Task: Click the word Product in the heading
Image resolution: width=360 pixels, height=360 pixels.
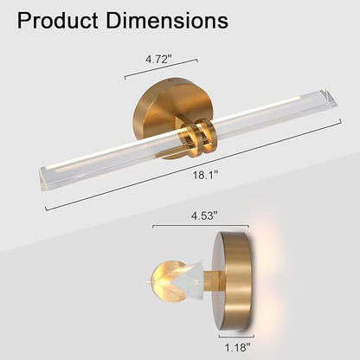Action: tap(57, 21)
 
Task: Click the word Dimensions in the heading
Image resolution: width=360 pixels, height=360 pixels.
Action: tap(167, 21)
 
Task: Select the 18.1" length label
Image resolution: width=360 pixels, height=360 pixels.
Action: tap(205, 175)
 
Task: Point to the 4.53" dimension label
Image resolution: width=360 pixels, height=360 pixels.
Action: tap(204, 215)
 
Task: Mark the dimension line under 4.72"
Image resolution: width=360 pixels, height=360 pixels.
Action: tap(161, 68)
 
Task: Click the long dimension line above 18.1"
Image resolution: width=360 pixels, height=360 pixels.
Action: tap(193, 165)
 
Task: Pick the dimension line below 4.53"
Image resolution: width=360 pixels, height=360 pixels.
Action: tap(201, 226)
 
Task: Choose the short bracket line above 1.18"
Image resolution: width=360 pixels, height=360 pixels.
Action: tap(236, 336)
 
